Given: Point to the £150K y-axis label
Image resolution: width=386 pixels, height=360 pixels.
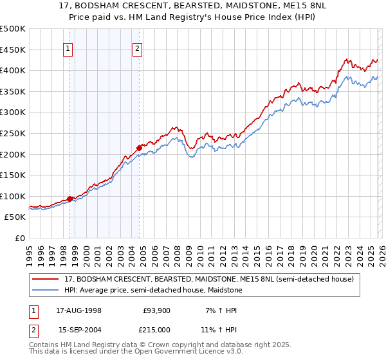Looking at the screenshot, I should coord(13,175).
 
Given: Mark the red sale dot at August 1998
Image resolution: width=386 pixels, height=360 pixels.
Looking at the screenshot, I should coord(70,199).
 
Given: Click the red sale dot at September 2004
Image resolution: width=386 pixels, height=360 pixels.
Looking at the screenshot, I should coord(139,148).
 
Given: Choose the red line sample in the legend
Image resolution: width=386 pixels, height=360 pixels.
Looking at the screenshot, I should coord(46,280).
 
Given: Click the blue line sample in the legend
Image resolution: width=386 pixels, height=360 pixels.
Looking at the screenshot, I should coord(46,290).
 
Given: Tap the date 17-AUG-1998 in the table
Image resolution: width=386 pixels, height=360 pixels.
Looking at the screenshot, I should coord(78,310).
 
